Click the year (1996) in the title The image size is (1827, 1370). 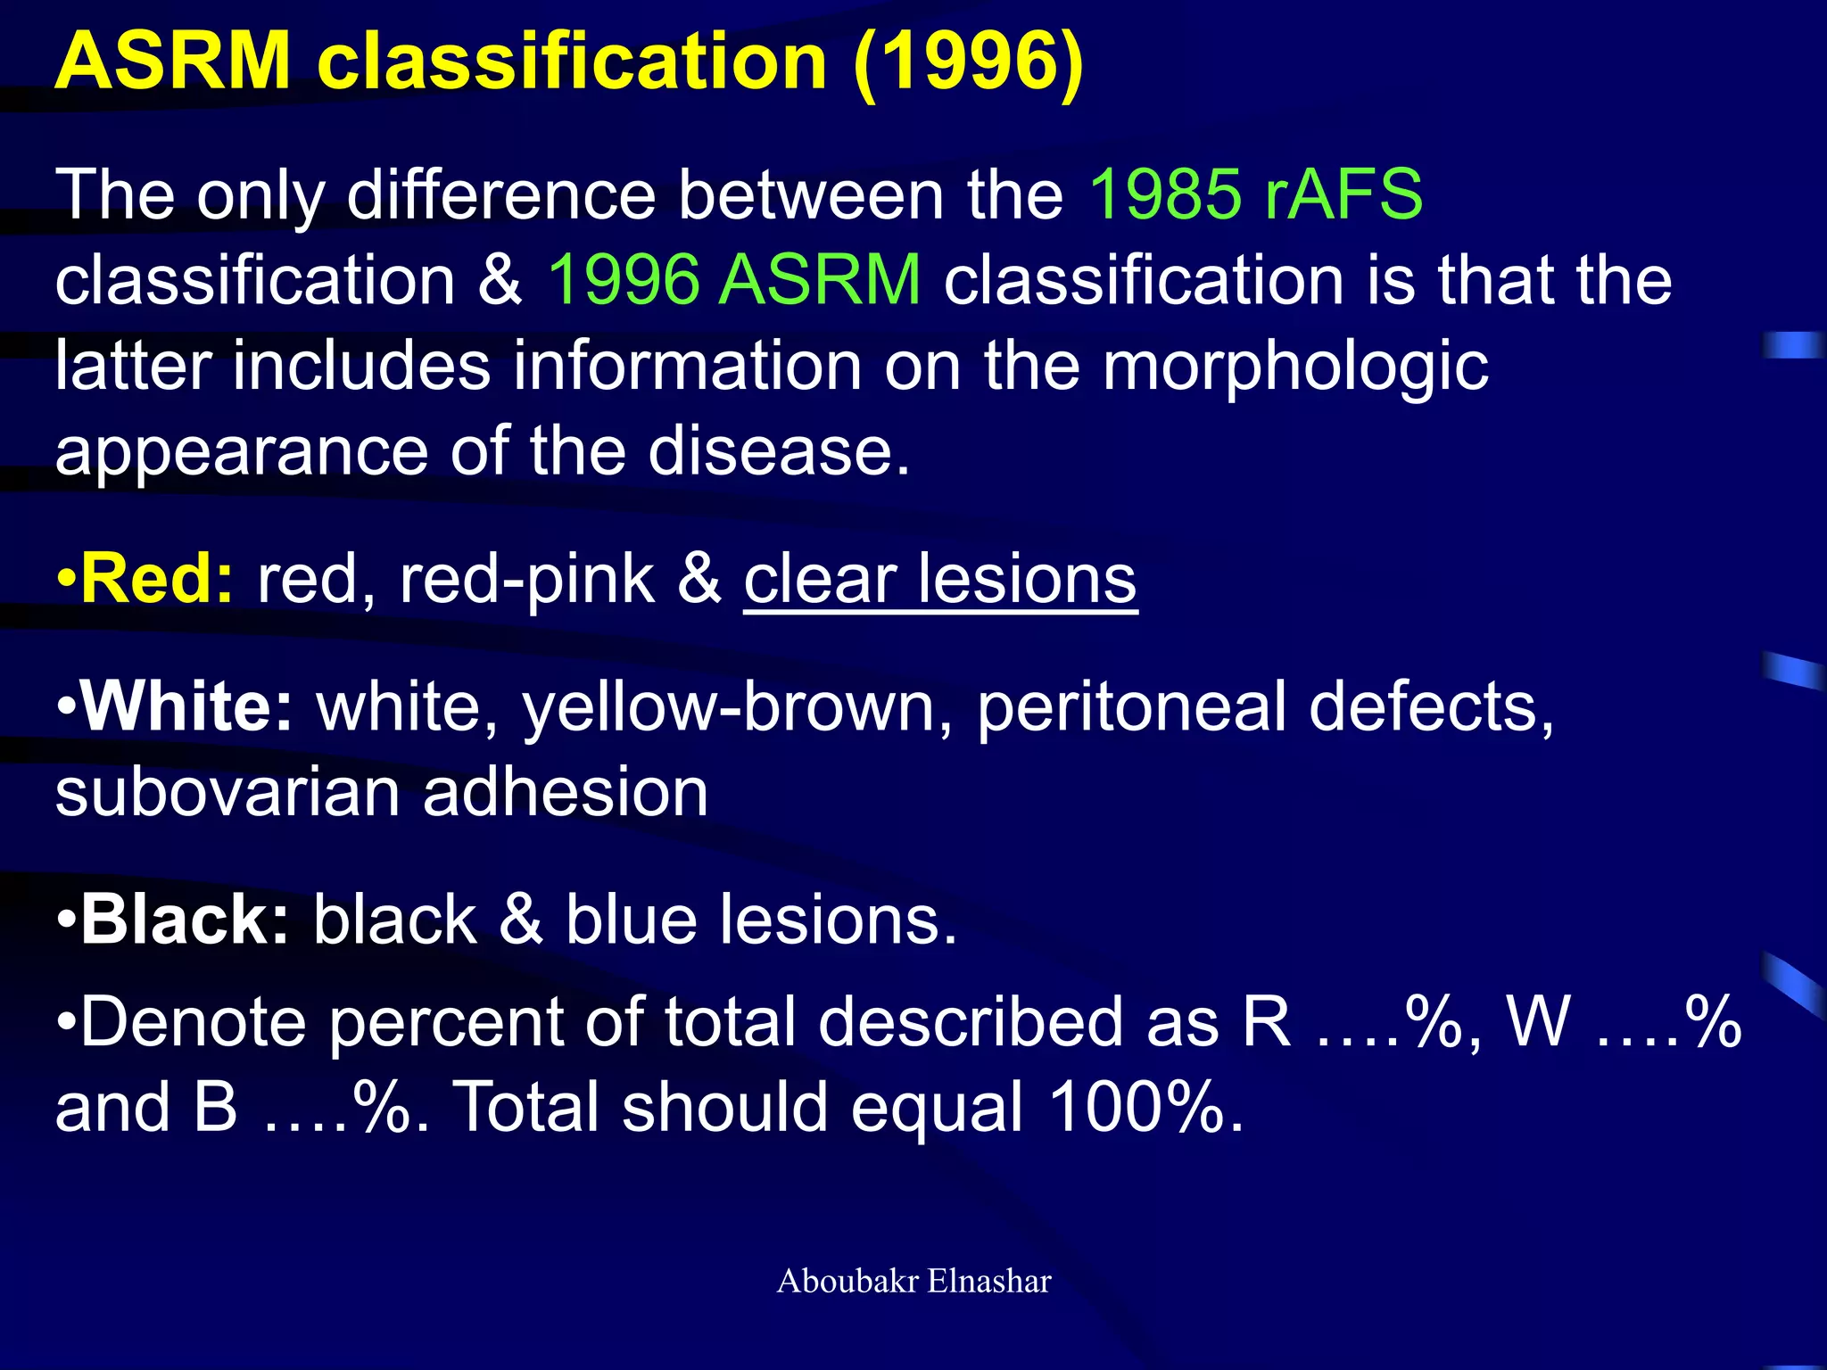(968, 62)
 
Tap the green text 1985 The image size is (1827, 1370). (1164, 194)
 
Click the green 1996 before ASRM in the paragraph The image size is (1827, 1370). (623, 280)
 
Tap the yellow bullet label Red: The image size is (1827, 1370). (157, 580)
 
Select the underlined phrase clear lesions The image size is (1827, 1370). (940, 580)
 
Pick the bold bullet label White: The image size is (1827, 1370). (186, 707)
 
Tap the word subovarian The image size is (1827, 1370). (227, 793)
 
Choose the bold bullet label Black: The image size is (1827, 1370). (184, 920)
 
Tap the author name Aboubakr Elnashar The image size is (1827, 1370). (913, 1282)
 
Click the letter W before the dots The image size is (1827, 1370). (1537, 1022)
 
